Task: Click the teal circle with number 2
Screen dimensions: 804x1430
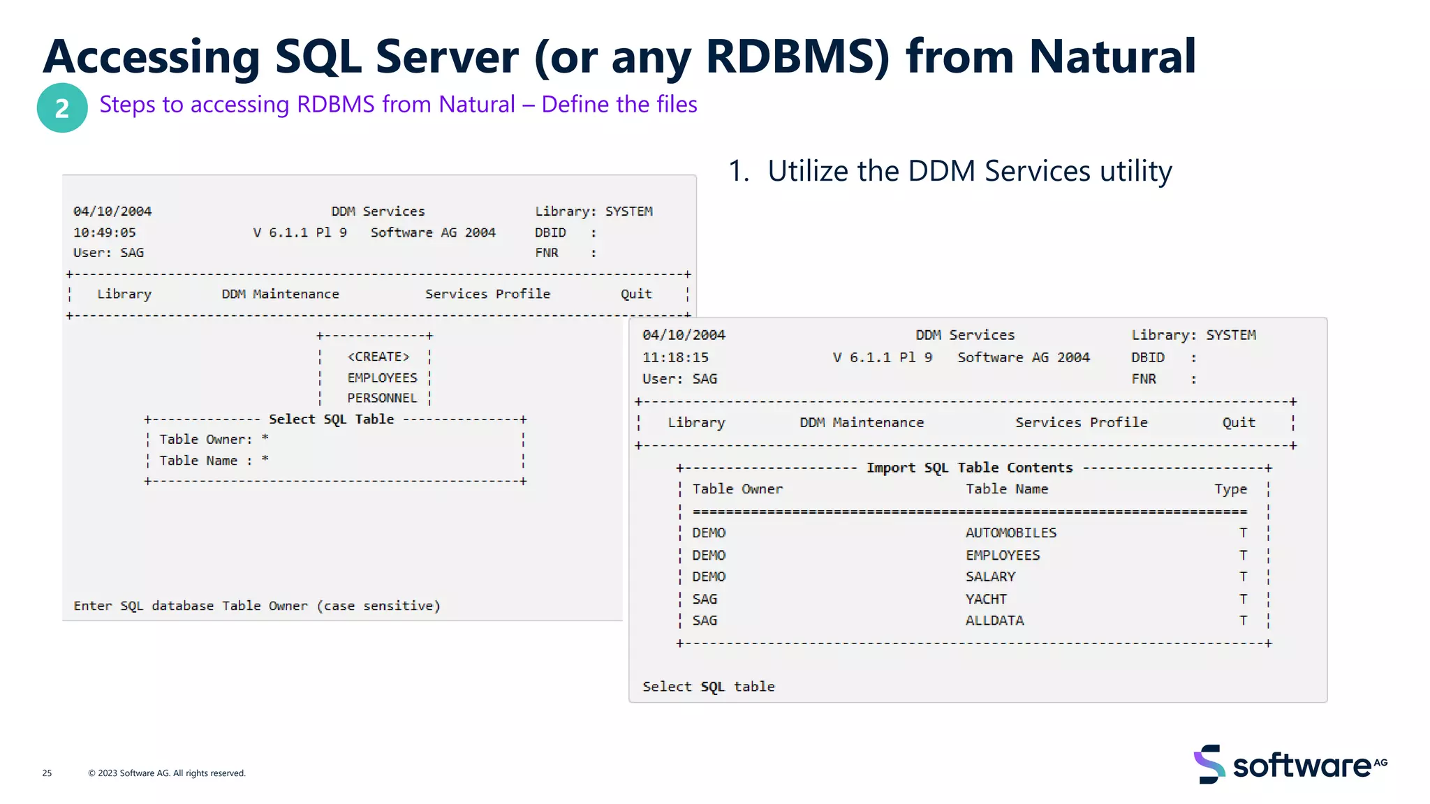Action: (62, 108)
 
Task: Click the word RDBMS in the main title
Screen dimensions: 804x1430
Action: (797, 57)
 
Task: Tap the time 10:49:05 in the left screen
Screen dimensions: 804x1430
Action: (105, 232)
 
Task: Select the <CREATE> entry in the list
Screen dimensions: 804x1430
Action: (378, 357)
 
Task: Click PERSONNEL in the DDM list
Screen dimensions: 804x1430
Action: (382, 398)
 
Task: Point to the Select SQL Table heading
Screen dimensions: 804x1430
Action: (331, 419)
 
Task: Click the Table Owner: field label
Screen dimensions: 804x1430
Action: (205, 439)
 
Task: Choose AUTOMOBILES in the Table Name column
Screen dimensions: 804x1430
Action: (1010, 533)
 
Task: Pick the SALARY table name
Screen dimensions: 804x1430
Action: (990, 576)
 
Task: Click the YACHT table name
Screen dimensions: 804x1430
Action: (986, 599)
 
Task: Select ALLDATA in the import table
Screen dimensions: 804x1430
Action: (994, 620)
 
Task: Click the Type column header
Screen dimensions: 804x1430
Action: (1230, 489)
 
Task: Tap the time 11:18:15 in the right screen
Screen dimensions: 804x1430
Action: (675, 357)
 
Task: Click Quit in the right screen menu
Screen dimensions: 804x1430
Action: (1238, 422)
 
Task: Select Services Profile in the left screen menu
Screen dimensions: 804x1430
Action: (487, 294)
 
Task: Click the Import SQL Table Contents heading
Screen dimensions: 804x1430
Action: (969, 468)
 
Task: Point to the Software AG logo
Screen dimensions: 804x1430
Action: (1289, 765)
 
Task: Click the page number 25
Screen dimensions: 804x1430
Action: (47, 773)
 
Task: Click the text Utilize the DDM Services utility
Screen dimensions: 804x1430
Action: (969, 171)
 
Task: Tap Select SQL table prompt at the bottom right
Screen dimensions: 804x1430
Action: (708, 687)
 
